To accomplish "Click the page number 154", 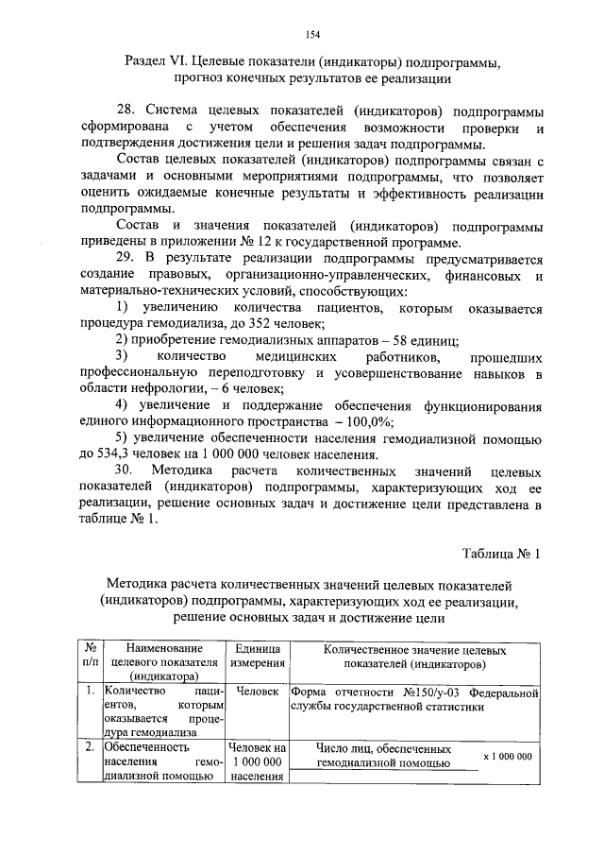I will coord(313,35).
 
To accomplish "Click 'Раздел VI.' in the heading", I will coord(157,62).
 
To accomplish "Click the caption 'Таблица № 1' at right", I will coord(500,553).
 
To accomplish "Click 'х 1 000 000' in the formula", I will coord(507,756).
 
